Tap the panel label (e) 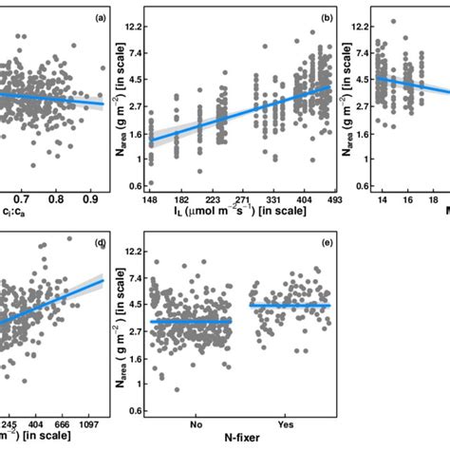(326, 243)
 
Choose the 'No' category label (192, 425)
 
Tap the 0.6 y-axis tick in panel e (133, 411)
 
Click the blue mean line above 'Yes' (290, 305)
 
